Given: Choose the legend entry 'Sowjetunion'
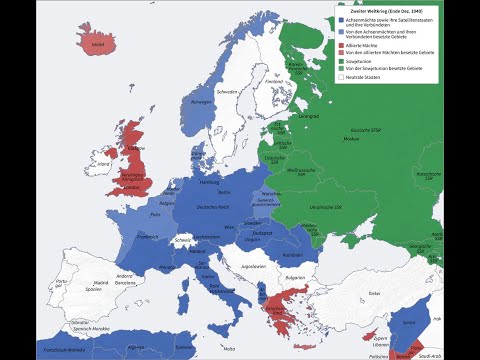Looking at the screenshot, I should pyautogui.click(x=359, y=60).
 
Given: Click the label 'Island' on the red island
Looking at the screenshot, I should pyautogui.click(x=97, y=45).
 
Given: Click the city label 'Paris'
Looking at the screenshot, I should pyautogui.click(x=156, y=214).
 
